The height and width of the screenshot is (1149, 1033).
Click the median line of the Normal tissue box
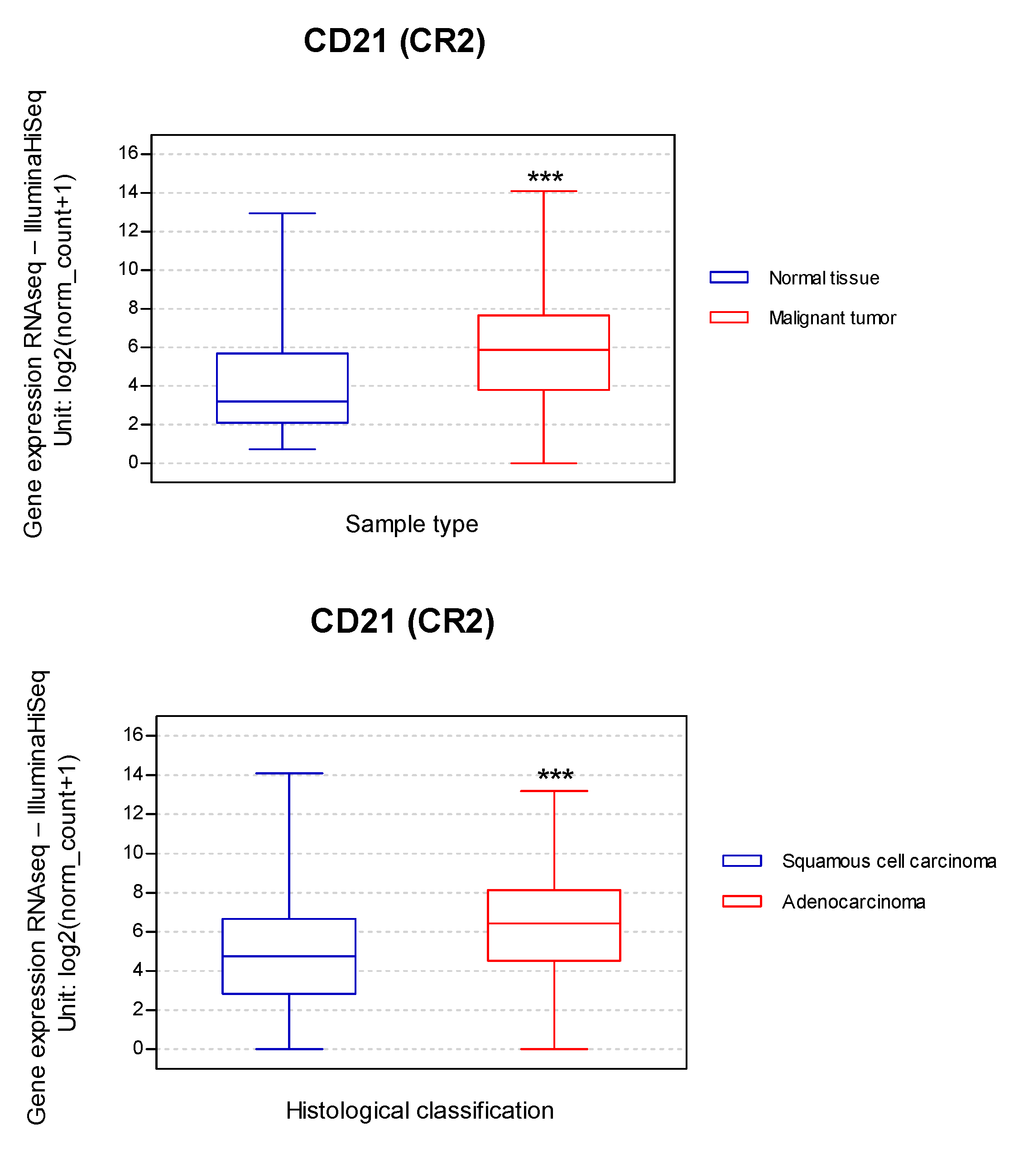[x=282, y=401]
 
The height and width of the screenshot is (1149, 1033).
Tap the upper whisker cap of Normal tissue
[x=282, y=213]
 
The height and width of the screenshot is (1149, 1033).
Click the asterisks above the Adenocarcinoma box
[x=555, y=776]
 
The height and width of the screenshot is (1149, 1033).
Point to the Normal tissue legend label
[x=824, y=278]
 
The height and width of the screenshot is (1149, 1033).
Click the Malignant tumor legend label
[x=832, y=318]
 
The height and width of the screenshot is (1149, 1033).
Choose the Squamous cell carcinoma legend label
[x=889, y=861]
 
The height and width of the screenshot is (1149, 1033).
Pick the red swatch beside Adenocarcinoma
[x=741, y=901]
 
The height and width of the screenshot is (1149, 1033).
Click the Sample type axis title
[x=412, y=524]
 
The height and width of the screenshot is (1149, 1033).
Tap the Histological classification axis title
[x=419, y=1111]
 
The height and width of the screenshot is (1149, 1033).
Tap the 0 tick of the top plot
[x=134, y=463]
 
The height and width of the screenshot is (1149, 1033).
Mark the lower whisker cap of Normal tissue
[x=282, y=449]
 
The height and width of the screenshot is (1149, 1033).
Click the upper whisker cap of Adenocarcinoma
[x=554, y=791]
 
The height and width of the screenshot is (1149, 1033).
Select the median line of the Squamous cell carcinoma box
[x=289, y=957]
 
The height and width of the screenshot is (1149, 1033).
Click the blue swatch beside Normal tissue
[x=729, y=277]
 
